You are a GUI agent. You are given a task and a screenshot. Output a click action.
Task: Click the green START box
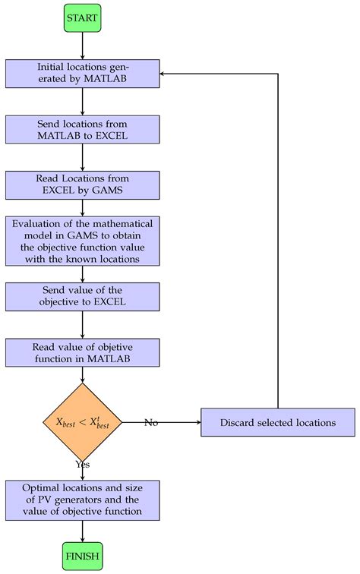[82, 17]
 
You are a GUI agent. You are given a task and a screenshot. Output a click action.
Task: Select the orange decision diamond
[82, 422]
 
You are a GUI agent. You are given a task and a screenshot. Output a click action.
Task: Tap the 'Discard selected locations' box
[278, 422]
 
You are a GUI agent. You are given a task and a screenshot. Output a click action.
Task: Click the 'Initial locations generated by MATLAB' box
[82, 73]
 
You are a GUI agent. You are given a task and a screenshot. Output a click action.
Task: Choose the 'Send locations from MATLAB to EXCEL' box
[82, 129]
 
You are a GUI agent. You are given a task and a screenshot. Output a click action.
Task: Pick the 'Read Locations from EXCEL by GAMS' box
[82, 185]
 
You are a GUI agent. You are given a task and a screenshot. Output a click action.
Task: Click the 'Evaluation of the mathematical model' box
[82, 241]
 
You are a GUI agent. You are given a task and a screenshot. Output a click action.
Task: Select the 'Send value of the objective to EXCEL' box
[82, 298]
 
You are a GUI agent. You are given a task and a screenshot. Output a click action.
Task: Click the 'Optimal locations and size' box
[82, 500]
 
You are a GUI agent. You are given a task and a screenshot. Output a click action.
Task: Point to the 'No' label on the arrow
[152, 422]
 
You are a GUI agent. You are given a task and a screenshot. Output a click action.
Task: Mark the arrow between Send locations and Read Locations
[82, 157]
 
